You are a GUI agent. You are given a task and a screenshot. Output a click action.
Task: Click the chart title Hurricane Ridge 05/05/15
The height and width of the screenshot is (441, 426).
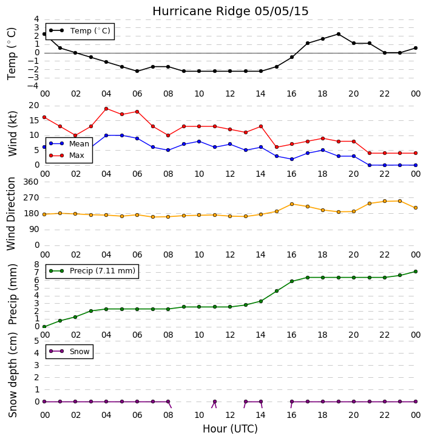231,12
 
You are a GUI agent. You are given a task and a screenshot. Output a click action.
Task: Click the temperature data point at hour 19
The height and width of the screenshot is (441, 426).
339,34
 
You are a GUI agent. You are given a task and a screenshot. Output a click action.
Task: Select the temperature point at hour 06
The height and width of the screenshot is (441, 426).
137,71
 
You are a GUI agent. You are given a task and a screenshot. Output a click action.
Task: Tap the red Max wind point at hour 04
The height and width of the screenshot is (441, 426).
106,109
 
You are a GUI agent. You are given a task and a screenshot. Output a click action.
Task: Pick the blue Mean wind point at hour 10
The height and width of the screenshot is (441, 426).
199,142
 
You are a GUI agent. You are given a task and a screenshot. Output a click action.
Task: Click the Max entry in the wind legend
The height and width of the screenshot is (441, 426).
67,156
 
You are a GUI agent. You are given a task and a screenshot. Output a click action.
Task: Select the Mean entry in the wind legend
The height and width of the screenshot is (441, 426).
69,144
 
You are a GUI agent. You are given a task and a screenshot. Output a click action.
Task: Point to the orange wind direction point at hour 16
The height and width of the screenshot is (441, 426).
292,204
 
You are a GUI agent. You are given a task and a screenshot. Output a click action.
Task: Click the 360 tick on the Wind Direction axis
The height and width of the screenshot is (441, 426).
31,182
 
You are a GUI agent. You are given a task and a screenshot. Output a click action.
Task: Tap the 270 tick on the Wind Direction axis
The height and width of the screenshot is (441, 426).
31,197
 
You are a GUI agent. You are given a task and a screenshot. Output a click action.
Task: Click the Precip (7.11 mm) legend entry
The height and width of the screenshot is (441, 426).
92,271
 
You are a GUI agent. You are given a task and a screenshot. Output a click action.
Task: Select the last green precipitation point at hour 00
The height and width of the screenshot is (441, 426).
416,272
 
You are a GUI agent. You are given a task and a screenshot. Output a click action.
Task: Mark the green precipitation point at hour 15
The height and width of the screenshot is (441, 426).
277,291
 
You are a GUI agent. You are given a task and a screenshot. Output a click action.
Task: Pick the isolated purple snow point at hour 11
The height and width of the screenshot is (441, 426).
215,402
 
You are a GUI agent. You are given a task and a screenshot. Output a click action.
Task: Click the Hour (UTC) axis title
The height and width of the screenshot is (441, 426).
230,429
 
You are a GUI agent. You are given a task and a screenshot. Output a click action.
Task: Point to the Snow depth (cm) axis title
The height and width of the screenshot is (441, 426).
12,375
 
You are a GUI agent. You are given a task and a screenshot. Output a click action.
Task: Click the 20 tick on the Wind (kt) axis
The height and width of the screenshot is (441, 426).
34,106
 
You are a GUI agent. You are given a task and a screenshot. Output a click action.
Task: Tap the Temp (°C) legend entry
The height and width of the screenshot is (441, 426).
80,30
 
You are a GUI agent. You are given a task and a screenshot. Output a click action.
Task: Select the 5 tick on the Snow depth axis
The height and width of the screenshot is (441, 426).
36,341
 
